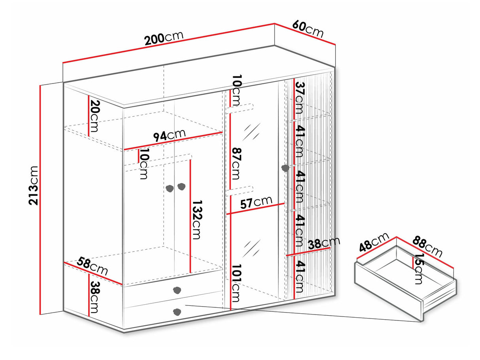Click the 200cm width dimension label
[x=164, y=38]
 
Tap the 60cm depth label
[x=308, y=29]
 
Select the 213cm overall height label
[x=34, y=186]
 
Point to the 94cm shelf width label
[x=169, y=135]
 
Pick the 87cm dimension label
[x=236, y=164]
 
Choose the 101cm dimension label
[x=236, y=283]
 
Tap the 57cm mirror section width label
[x=256, y=203]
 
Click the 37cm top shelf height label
[x=300, y=98]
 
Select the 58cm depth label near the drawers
[x=92, y=266]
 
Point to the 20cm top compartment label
[x=94, y=116]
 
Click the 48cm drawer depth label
[x=374, y=243]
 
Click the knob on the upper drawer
[x=177, y=290]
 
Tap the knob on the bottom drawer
[x=177, y=312]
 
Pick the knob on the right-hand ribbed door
[x=285, y=168]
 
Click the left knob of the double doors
[x=170, y=188]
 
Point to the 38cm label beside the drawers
[x=94, y=297]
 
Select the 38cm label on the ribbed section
[x=324, y=243]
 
